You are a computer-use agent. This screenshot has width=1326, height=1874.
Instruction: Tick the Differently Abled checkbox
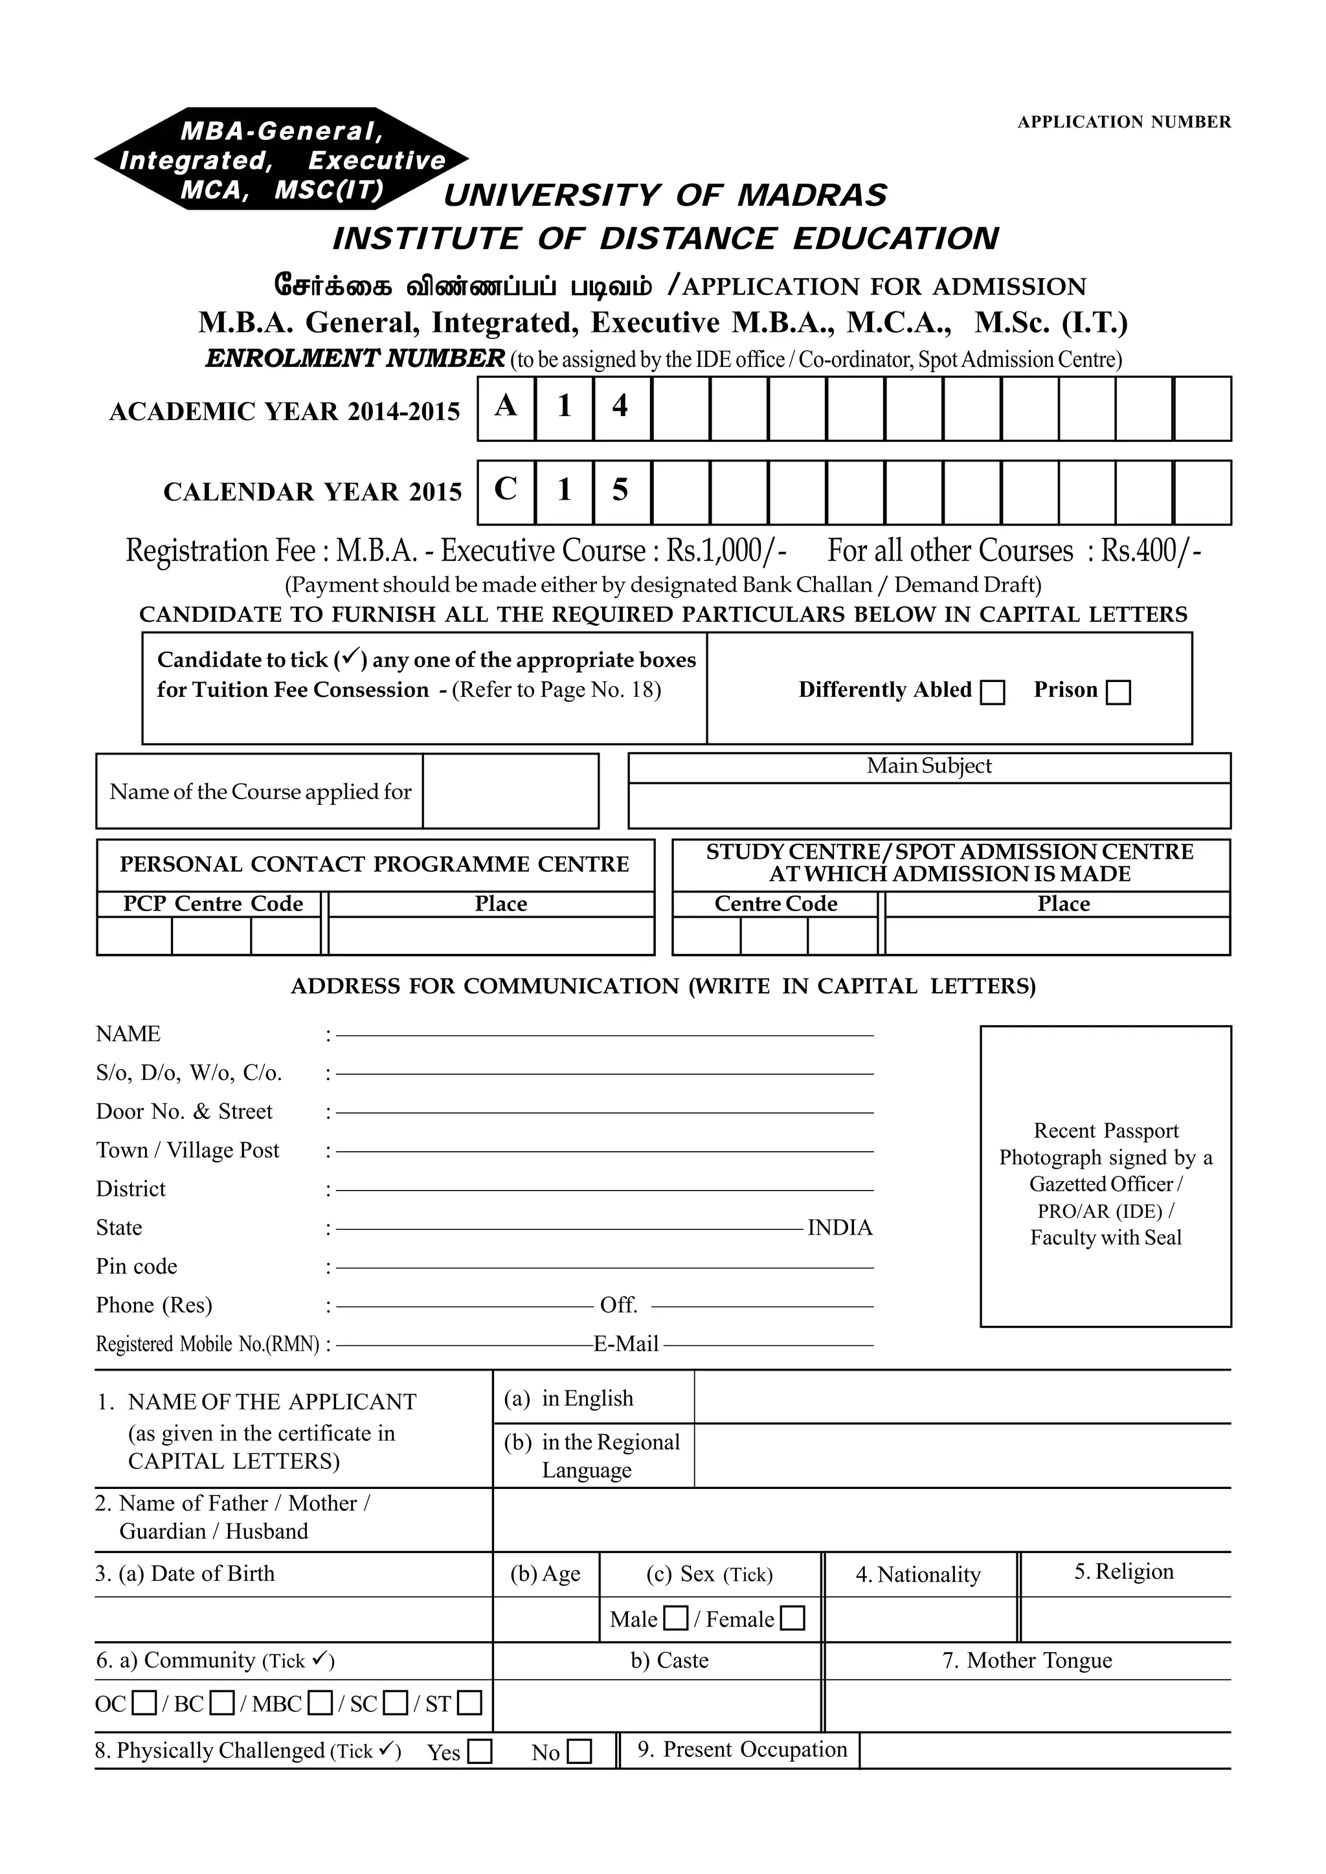[x=992, y=692]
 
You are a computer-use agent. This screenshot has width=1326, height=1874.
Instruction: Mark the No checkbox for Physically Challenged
[x=579, y=1752]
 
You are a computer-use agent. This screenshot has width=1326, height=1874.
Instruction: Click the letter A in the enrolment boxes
[x=506, y=406]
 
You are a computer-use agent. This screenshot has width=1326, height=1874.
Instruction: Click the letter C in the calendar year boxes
[x=506, y=490]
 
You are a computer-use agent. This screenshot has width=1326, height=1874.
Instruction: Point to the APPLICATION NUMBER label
[x=1123, y=122]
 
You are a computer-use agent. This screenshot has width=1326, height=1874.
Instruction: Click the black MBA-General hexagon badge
[x=282, y=159]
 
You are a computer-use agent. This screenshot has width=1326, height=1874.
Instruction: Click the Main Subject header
[x=928, y=766]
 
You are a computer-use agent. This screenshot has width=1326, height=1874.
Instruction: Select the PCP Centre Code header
[x=213, y=903]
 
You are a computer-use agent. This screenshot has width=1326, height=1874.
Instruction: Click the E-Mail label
[x=625, y=1343]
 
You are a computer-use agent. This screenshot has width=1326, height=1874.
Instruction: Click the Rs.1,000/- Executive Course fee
[x=726, y=551]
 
